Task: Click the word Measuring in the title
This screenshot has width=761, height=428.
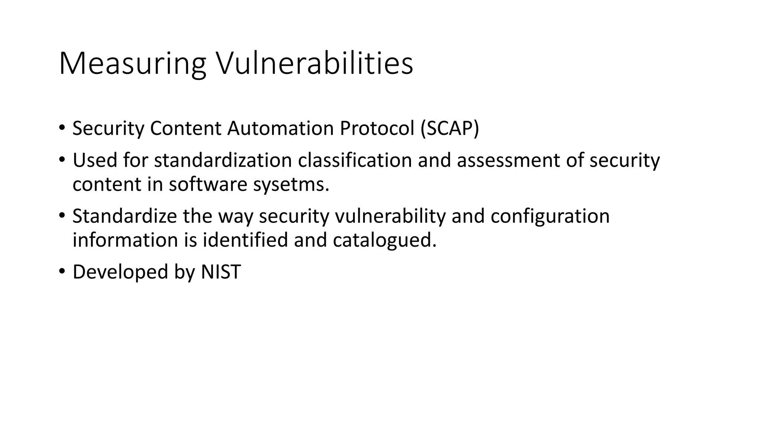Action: click(x=132, y=64)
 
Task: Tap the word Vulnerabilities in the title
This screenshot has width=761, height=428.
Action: click(x=314, y=64)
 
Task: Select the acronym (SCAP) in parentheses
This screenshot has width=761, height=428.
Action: click(x=450, y=129)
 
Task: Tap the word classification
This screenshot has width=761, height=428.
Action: click(x=355, y=160)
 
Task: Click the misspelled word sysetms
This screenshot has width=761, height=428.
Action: click(x=291, y=185)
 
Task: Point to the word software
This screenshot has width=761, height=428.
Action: click(x=208, y=185)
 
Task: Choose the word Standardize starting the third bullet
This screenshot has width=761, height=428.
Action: click(x=124, y=216)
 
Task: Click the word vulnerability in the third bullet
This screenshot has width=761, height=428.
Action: click(x=390, y=216)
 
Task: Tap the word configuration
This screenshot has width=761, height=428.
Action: click(x=550, y=216)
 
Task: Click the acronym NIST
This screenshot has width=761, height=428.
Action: click(x=221, y=272)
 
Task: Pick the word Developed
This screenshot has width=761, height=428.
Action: click(x=120, y=272)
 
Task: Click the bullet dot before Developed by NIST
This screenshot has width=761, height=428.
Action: click(x=62, y=271)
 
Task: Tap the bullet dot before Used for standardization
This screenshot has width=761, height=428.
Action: click(x=62, y=160)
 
